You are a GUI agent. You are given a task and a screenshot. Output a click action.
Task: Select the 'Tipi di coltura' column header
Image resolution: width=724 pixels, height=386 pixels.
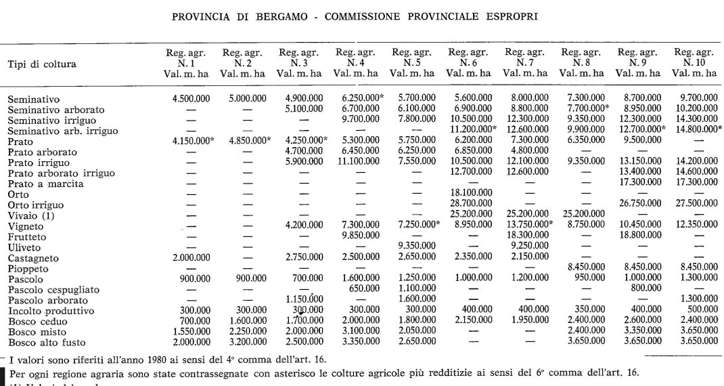(42, 64)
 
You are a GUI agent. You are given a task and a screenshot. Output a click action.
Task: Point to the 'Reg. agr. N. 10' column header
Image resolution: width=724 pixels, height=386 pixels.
(694, 62)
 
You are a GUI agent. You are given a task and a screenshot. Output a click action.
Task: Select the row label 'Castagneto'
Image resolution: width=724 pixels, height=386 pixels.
(33, 258)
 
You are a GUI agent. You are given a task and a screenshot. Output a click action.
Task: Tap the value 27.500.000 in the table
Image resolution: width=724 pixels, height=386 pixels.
(694, 204)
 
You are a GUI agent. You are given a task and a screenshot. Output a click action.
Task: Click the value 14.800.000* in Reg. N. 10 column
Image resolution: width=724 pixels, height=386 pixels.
(696, 130)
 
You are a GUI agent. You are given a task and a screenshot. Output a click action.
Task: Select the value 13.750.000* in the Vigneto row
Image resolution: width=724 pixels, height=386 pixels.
(526, 225)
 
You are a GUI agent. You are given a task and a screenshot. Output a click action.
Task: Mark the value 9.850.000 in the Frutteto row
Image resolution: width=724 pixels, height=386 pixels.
(356, 235)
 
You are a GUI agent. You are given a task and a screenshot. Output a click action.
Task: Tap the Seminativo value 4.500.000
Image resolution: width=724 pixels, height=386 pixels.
(191, 99)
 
